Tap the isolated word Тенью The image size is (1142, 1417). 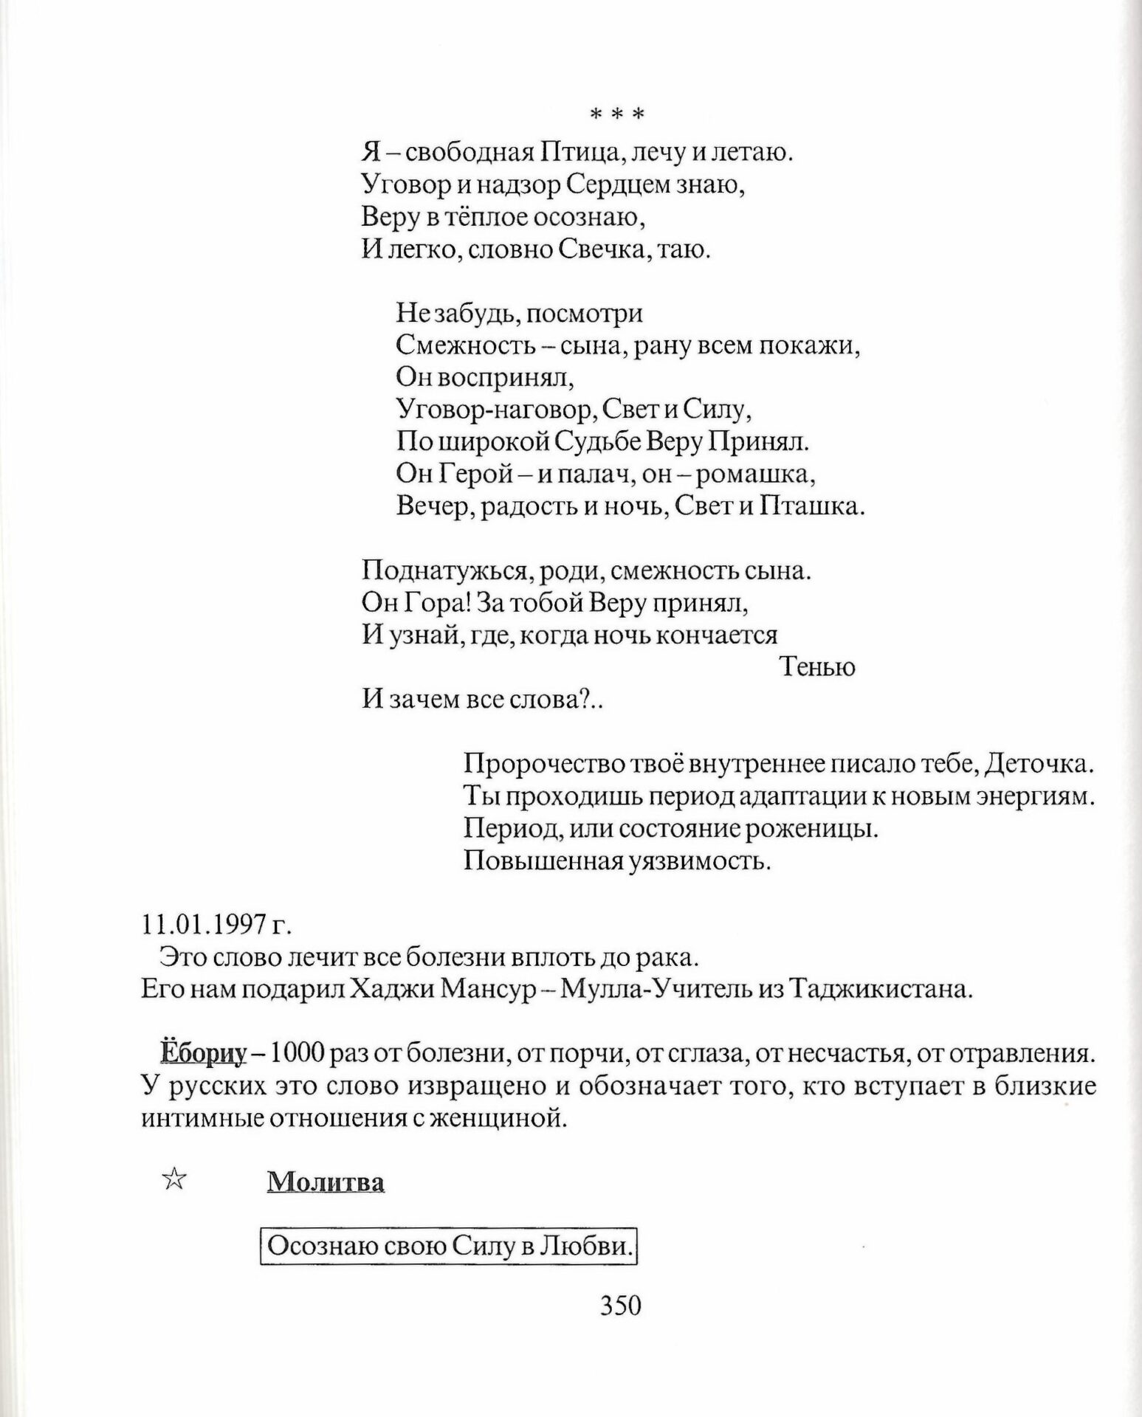click(x=817, y=667)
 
